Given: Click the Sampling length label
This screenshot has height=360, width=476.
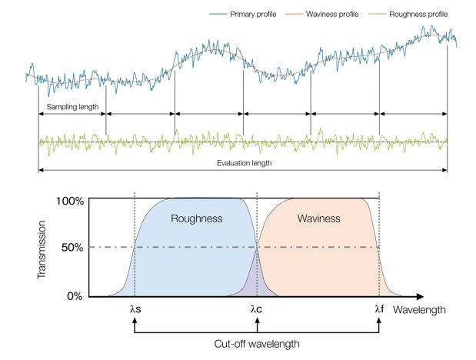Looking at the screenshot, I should (73, 107).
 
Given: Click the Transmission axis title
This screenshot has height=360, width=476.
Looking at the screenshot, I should (43, 248).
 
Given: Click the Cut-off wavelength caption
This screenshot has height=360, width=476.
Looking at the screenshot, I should (258, 344).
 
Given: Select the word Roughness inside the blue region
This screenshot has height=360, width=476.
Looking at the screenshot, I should (196, 219).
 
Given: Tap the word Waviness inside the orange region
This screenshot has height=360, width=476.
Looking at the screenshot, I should (318, 219).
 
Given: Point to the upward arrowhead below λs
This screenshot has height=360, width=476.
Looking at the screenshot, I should (135, 322).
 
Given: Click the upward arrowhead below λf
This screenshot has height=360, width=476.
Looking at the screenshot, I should (379, 322).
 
